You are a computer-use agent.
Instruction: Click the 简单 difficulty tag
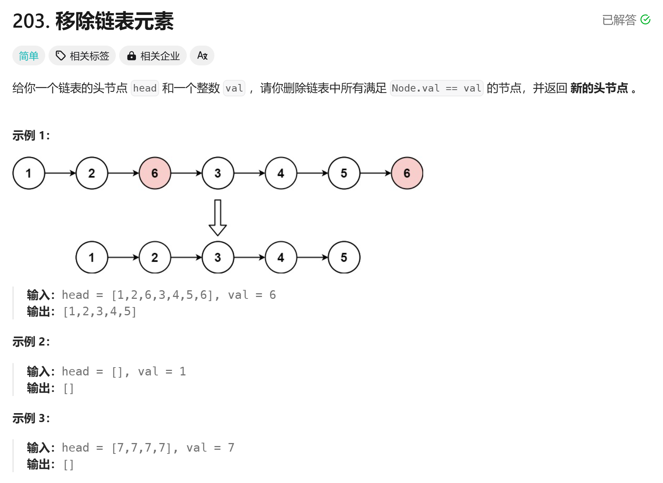click(29, 56)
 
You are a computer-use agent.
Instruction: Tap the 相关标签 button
click(82, 56)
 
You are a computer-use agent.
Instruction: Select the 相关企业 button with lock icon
click(153, 56)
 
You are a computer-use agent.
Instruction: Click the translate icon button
click(202, 56)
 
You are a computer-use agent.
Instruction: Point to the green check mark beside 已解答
click(645, 19)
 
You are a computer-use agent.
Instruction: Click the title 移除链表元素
click(114, 21)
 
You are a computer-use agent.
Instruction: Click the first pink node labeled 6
click(155, 173)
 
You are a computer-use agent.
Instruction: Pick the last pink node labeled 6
click(407, 173)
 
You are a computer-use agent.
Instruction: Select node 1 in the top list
click(29, 173)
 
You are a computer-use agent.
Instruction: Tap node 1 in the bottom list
click(92, 257)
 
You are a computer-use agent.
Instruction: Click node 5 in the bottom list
click(344, 257)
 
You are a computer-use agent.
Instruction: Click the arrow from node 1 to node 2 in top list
click(60, 173)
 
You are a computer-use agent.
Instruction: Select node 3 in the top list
click(218, 173)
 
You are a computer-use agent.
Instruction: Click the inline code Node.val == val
click(436, 88)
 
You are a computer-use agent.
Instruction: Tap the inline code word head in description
click(145, 88)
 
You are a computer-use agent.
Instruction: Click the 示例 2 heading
click(31, 341)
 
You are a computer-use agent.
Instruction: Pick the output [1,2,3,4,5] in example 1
click(100, 311)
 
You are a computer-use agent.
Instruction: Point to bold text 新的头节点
click(599, 88)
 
